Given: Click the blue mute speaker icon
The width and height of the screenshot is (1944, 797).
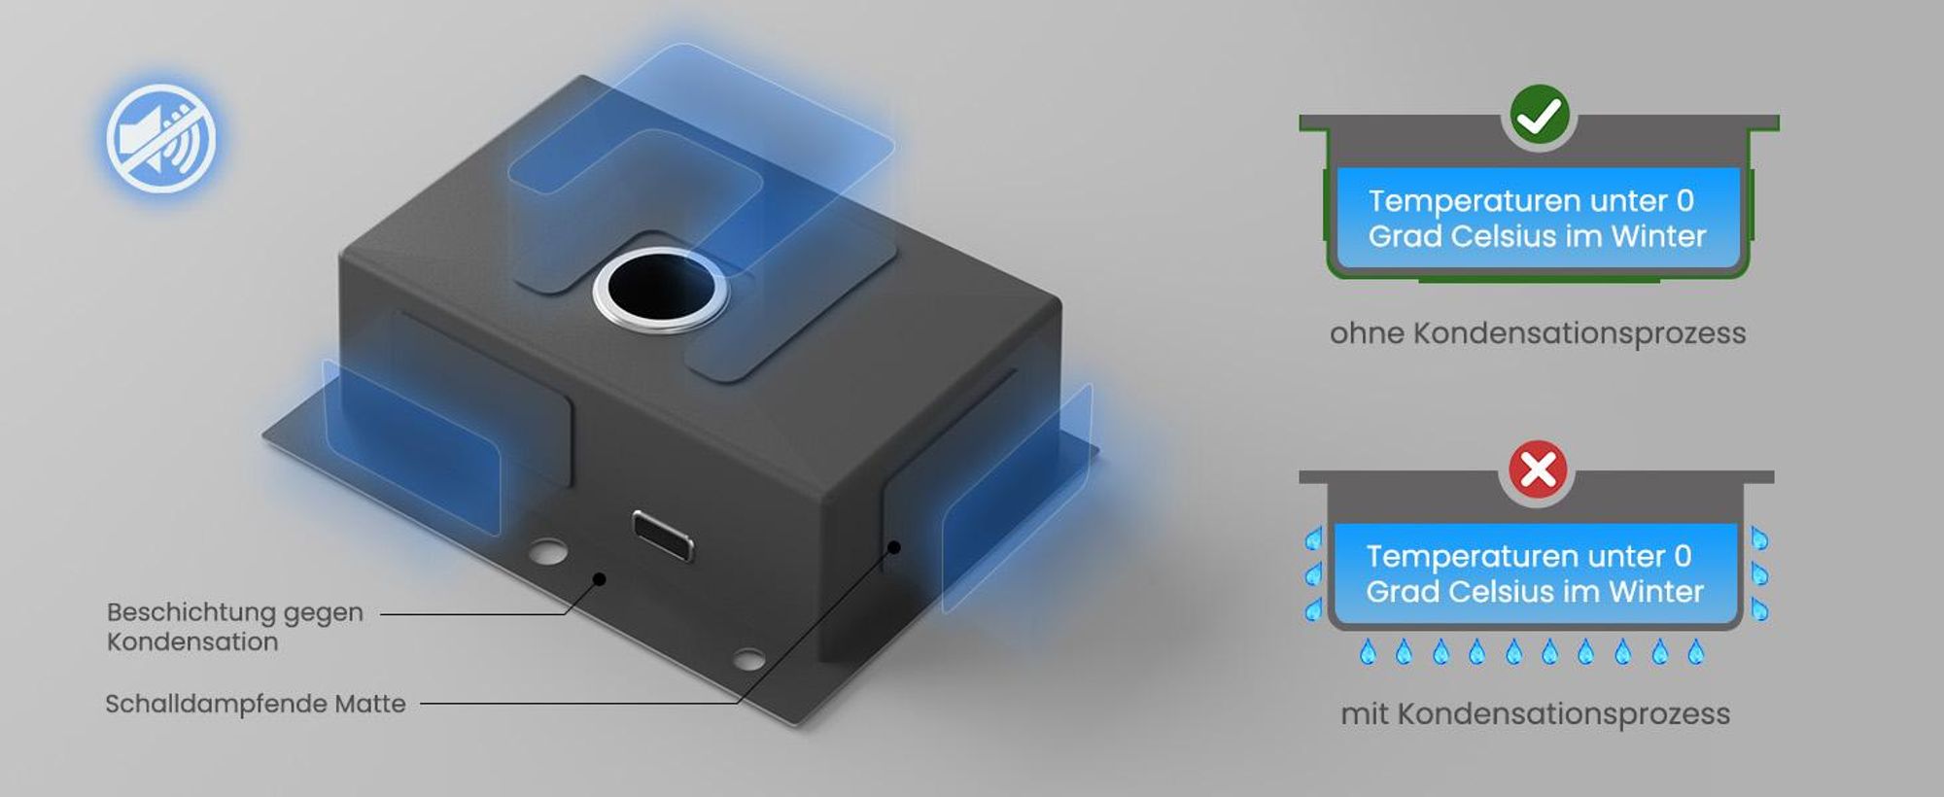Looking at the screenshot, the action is point(160,138).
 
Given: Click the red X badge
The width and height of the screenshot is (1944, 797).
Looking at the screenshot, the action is point(1538,470).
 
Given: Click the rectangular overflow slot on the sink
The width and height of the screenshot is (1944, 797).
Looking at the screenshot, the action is point(662,534).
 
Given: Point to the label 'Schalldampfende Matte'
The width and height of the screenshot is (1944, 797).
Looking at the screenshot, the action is point(256,704).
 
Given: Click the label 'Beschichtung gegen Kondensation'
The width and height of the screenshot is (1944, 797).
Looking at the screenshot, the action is point(234,627).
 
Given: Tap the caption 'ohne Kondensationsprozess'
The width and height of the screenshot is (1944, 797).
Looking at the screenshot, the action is point(1538,333).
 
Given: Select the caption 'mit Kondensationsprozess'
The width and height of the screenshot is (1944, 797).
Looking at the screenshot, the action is point(1536,714).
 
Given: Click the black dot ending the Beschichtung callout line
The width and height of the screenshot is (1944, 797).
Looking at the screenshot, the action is point(600,579).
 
